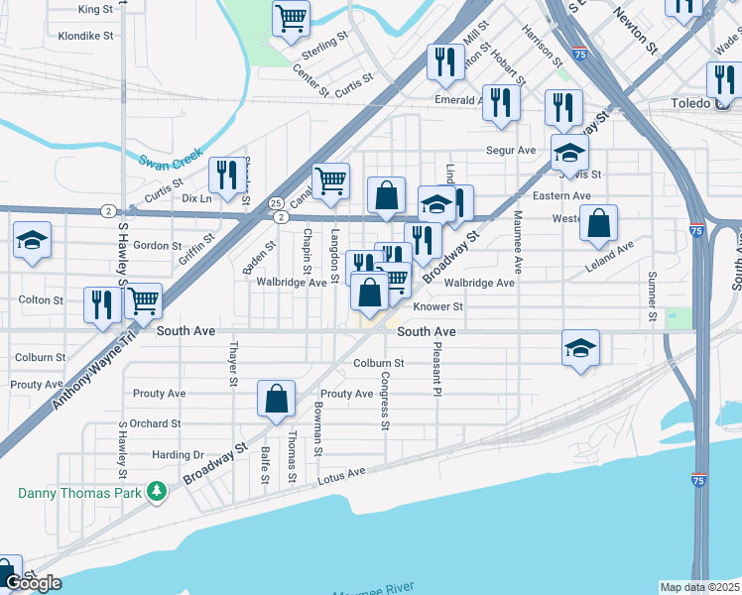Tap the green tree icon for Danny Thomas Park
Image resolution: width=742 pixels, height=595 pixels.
coord(156,491)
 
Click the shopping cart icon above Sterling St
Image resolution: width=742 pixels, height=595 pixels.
coord(291,17)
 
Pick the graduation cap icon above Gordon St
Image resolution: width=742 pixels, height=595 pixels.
coord(32,241)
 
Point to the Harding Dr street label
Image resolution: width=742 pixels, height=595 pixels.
coord(178,454)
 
